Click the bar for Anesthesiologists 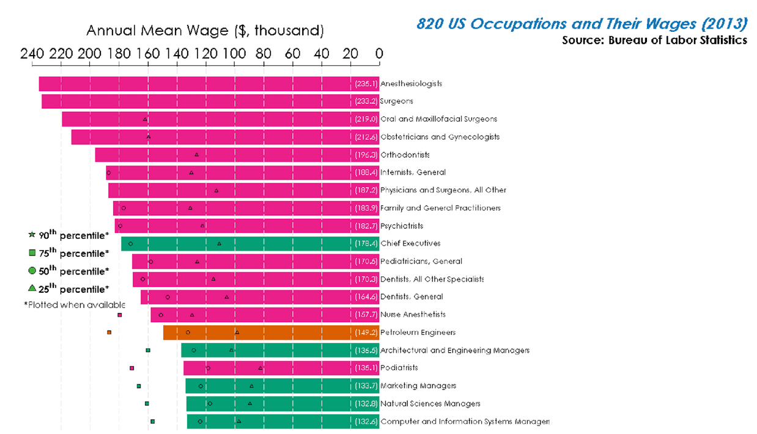tap(208, 84)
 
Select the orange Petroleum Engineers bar tap(269, 333)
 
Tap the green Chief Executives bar tap(245, 243)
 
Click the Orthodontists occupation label tap(405, 155)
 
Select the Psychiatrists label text tap(401, 226)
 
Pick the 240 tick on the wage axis tap(32, 54)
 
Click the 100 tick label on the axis tap(235, 54)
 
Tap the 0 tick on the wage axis tap(379, 54)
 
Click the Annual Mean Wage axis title tap(205, 31)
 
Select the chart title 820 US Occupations tap(582, 24)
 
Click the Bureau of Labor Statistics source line tap(654, 40)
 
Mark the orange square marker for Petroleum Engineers tap(109, 333)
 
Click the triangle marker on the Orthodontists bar tap(196, 155)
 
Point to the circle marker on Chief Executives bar tap(131, 244)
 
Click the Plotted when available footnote tap(75, 304)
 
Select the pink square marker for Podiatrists tap(131, 368)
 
